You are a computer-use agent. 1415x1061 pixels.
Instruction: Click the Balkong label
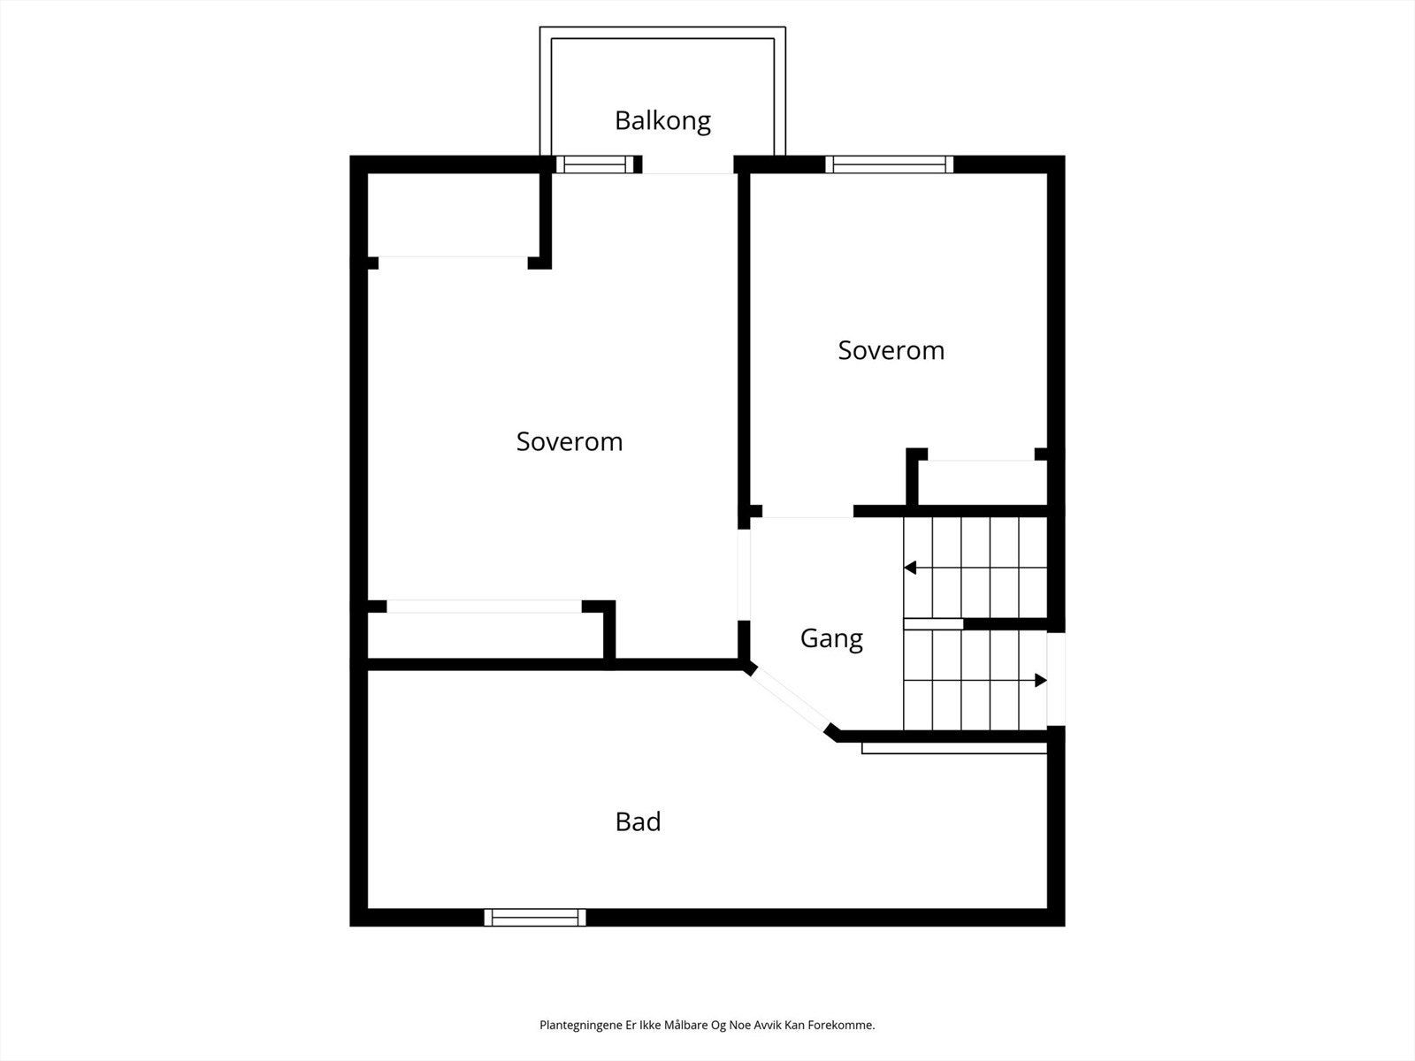662,120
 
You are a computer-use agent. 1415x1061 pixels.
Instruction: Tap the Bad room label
638,821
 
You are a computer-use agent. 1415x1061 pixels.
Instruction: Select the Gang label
831,638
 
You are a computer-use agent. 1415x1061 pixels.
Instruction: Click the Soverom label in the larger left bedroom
570,441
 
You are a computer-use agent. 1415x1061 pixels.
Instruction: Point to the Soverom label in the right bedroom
891,350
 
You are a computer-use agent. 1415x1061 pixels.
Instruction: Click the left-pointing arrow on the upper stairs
910,568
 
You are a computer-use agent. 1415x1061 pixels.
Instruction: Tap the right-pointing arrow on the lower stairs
1040,680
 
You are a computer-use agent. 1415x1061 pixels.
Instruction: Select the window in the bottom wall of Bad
535,918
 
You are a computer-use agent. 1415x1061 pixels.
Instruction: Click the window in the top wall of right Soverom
890,164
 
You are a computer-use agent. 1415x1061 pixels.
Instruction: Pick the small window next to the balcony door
594,164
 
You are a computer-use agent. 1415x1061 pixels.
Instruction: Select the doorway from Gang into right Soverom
807,512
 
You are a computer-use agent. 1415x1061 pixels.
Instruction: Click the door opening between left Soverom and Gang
745,575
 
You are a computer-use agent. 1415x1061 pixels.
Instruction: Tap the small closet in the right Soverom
982,483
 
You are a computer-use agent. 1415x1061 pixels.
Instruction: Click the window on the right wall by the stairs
1056,679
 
